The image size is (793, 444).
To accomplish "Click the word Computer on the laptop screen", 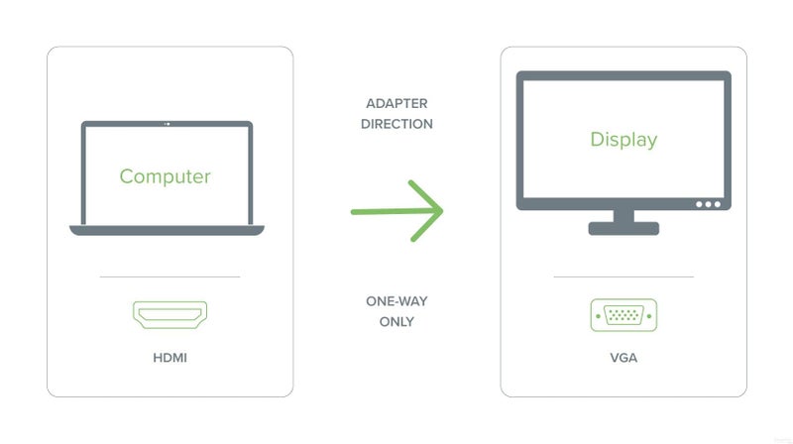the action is coord(165,176).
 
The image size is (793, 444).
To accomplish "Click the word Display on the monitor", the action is coord(623,139).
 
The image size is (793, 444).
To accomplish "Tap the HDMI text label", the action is coord(170,358).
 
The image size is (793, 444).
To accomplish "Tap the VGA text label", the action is coord(623,358).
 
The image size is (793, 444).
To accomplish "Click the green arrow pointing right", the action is coord(397,211).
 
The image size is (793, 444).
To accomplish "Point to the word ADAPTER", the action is coord(397,103).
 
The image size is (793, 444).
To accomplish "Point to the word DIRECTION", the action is coord(397,124).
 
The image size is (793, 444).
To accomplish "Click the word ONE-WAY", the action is coord(397,301).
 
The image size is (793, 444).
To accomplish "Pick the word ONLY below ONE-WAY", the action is coord(397,322).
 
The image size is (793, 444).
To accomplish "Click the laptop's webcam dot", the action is coord(168,124).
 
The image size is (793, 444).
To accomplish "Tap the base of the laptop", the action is coord(167,230).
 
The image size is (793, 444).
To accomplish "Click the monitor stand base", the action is coord(623,229).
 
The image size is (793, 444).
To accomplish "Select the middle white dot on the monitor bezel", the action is coord(708,204).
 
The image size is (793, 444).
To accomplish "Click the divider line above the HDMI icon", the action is coord(170,277).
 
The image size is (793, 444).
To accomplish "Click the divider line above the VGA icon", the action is coord(623,277).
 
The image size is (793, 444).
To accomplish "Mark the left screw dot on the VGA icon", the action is coord(599,316).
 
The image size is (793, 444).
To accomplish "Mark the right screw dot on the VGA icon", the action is coord(649,316).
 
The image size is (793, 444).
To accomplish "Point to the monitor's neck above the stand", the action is coord(623,216).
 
